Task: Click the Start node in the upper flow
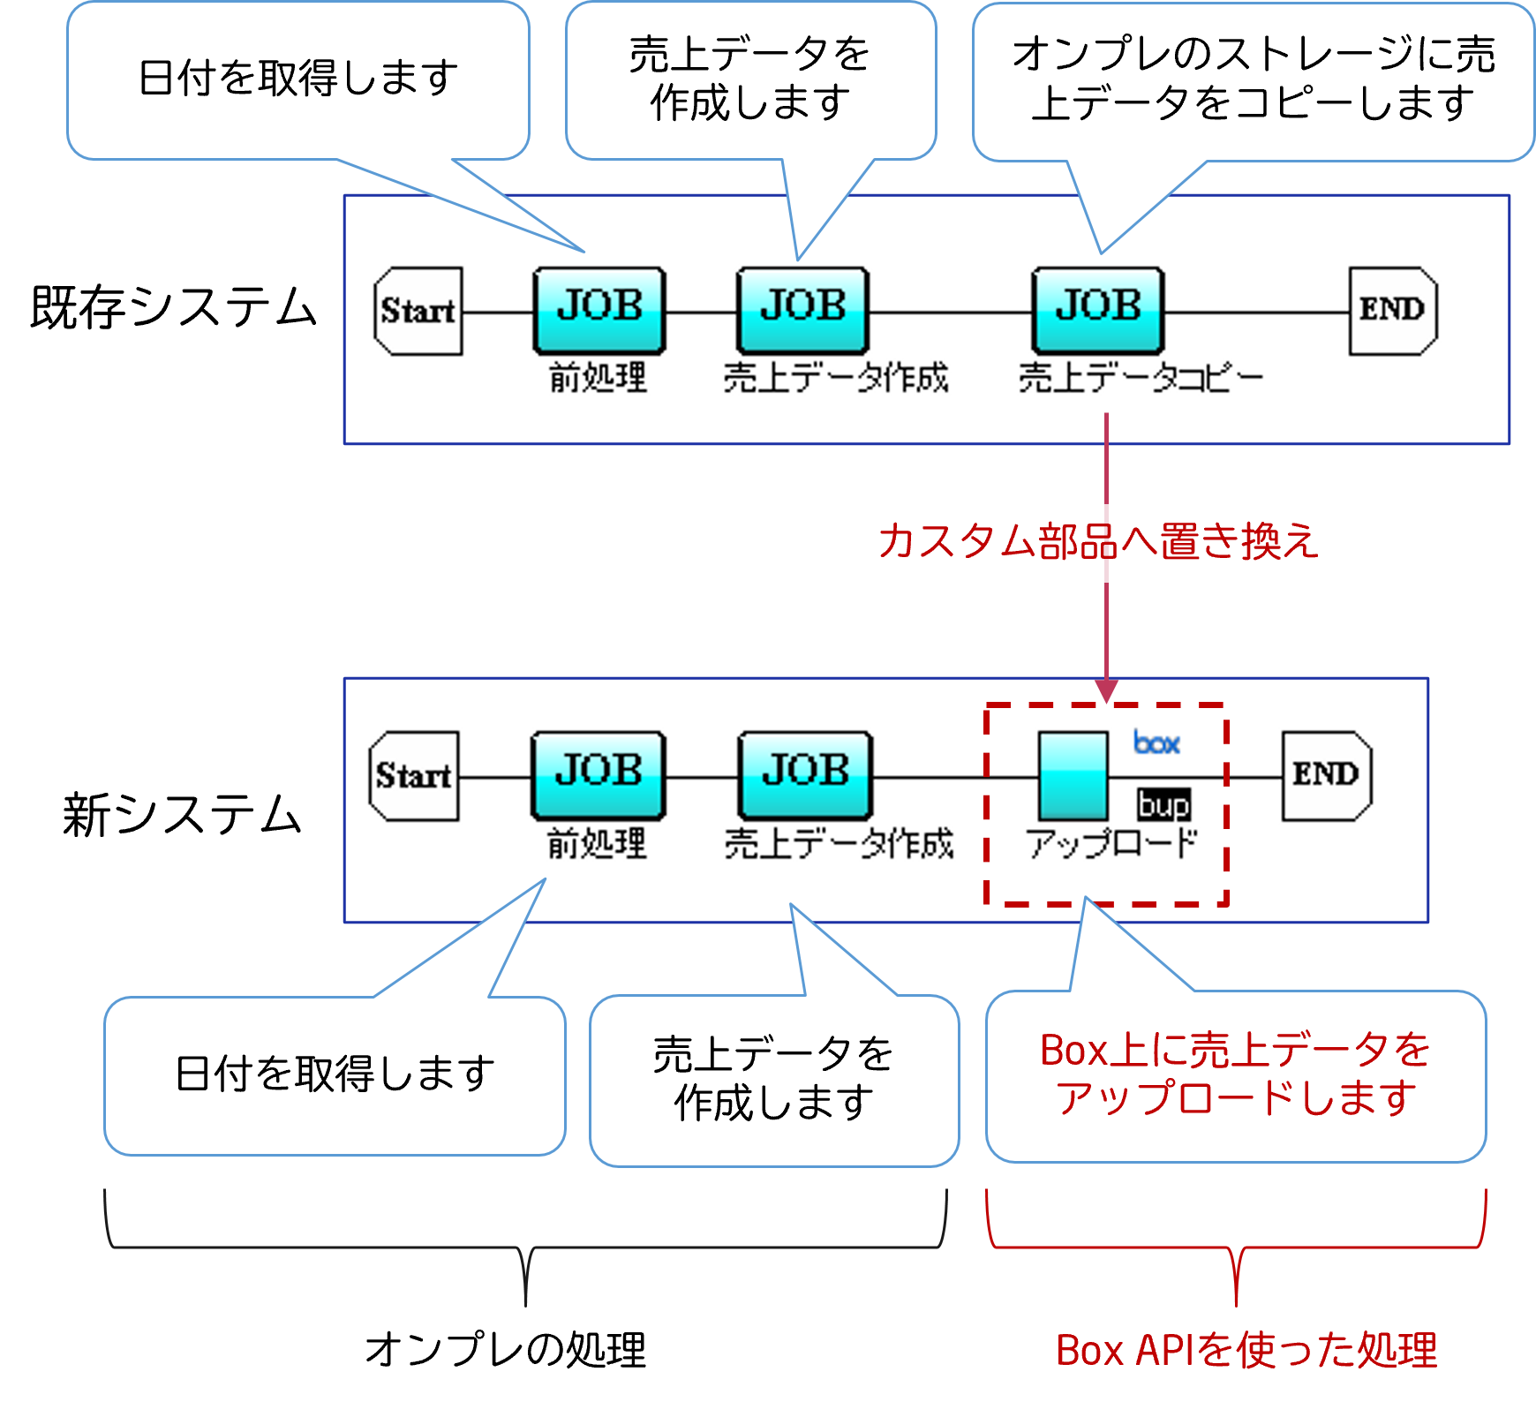(418, 311)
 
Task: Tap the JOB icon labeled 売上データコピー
(1098, 310)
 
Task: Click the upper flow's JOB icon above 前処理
(599, 310)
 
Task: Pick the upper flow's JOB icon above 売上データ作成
(802, 310)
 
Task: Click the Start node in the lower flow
(414, 776)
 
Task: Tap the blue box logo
(1156, 743)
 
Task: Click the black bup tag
(1163, 804)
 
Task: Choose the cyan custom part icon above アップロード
(1073, 776)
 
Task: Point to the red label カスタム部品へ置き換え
(1099, 542)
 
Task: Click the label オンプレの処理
(507, 1351)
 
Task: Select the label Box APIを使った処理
(1247, 1351)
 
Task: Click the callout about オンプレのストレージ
(1254, 79)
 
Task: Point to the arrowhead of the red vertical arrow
(1106, 690)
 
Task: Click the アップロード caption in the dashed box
(1111, 844)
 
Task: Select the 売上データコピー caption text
(1141, 378)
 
